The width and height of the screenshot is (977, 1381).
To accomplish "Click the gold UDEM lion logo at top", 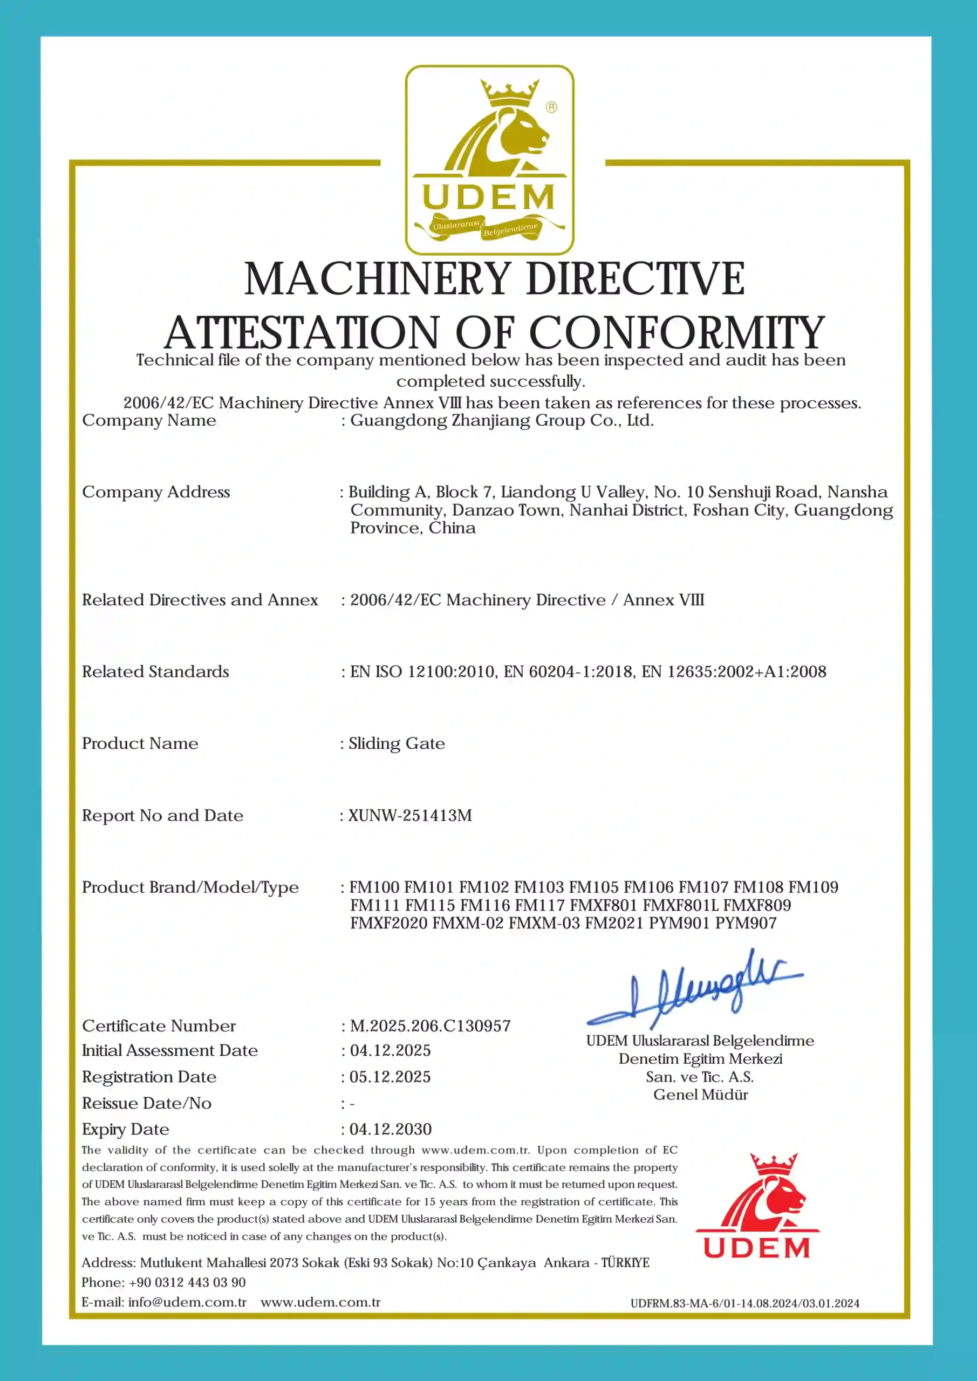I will [x=489, y=159].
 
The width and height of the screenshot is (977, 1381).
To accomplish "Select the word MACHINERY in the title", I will [x=377, y=279].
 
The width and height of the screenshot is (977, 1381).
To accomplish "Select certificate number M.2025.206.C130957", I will [x=430, y=1026].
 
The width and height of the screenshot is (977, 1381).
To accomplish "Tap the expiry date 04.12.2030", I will [x=391, y=1130].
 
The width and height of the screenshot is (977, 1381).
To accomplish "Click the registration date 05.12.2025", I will [x=390, y=1077].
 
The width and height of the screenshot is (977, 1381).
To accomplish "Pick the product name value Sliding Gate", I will [x=397, y=744].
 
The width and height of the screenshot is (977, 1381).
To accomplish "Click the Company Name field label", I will [x=148, y=420].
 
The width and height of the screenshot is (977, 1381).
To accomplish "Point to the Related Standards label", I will [x=155, y=672].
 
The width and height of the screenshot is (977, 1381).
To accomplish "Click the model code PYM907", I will [x=746, y=923].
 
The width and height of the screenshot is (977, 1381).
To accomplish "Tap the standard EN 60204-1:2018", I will [x=569, y=672].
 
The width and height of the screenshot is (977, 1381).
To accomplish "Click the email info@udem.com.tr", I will [x=187, y=1302].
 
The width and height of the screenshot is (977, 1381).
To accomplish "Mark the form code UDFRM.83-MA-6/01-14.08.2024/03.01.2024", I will [x=745, y=1303].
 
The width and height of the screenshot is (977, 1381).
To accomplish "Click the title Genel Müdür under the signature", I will [x=700, y=1095].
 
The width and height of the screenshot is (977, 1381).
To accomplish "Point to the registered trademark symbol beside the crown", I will [x=551, y=107].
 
